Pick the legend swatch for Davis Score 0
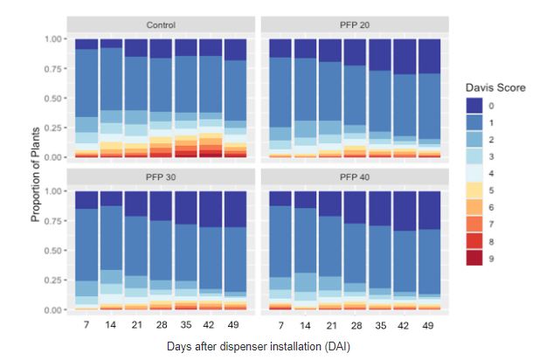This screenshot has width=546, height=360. (474, 104)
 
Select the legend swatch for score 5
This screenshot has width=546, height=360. (474, 190)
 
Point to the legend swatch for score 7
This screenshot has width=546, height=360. (474, 225)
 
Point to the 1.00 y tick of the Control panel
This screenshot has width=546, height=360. (52, 39)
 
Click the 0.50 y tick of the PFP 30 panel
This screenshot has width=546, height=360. (52, 250)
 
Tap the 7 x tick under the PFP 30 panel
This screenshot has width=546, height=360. (86, 324)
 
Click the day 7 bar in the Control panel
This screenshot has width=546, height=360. (86, 98)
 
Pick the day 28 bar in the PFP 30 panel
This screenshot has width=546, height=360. (161, 250)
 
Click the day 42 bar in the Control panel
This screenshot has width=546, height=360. (211, 98)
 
